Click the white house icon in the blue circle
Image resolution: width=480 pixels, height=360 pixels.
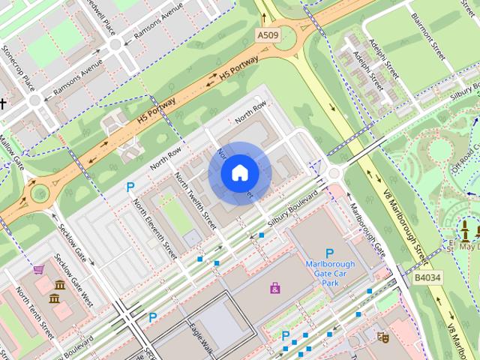tap(239, 173)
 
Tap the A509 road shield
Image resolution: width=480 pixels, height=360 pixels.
tap(267, 34)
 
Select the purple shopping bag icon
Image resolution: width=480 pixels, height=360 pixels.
tap(275, 287)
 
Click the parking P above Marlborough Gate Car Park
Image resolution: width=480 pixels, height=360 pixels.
tap(328, 253)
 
